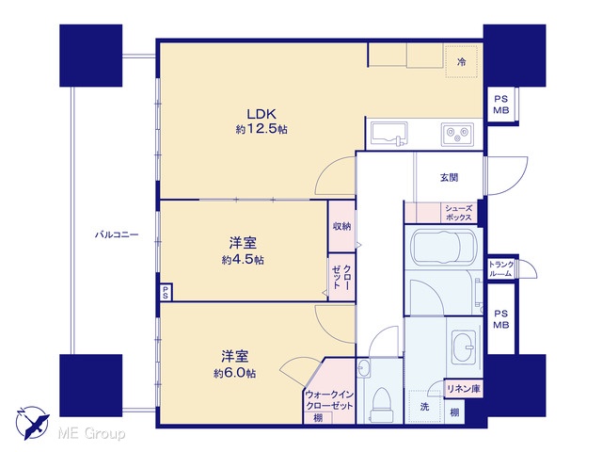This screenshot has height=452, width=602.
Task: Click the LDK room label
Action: click(261, 114)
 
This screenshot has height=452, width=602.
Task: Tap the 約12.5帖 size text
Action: click(261, 129)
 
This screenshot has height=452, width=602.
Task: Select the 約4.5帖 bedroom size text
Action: click(243, 260)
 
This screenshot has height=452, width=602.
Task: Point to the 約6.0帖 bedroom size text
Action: click(234, 373)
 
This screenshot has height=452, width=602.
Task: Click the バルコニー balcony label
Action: click(117, 234)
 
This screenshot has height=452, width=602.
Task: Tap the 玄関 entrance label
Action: click(449, 178)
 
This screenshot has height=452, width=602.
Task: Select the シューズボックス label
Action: click(458, 213)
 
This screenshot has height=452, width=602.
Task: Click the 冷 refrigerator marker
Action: click(462, 61)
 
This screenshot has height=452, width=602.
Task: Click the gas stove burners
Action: click(457, 135)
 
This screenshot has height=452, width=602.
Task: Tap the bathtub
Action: click(443, 247)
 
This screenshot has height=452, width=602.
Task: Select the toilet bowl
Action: click(381, 404)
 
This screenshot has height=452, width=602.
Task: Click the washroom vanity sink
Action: click(464, 347)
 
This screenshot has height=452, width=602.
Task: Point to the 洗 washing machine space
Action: click(424, 407)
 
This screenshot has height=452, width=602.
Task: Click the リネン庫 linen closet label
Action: click(464, 389)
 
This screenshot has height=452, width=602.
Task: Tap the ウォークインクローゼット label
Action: click(329, 400)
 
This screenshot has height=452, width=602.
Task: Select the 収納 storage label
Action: click(341, 226)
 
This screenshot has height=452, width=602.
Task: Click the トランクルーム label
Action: click(501, 269)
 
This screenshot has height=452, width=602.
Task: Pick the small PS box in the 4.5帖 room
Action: click(166, 292)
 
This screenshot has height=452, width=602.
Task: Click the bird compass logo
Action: click(32, 423)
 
